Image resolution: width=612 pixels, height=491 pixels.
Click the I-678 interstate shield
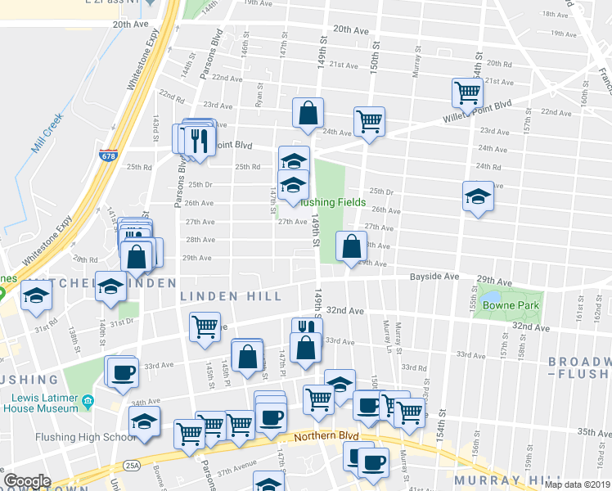[x=107, y=155]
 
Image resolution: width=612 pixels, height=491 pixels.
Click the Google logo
[x=27, y=481]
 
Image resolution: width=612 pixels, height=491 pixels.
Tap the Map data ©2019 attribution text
[x=576, y=484]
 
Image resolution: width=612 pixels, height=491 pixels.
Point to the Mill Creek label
[x=47, y=134]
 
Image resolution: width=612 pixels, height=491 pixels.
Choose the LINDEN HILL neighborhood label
[x=239, y=295]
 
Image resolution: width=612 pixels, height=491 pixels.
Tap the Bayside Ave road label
[x=435, y=277]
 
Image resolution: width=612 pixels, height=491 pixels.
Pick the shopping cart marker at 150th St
[x=370, y=121]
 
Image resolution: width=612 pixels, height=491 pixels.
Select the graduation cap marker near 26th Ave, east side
[x=478, y=196]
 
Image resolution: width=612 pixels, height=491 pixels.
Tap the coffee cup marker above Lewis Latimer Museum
[x=123, y=372]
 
